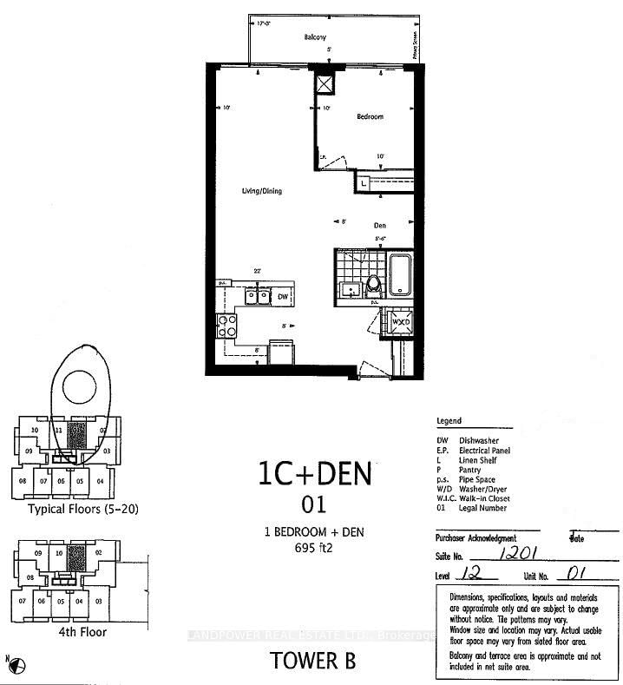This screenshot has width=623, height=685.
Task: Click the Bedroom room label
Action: (369, 116)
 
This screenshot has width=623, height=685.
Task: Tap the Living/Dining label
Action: (261, 191)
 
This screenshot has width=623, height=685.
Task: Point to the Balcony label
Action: (314, 37)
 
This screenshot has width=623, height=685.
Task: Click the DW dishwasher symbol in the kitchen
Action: (282, 297)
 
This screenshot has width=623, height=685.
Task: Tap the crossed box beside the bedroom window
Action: (325, 84)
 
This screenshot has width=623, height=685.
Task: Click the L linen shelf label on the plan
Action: (364, 183)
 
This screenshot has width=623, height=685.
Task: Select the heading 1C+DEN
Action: (314, 474)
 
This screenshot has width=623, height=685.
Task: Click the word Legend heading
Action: (449, 421)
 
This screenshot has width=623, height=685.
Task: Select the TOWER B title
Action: (313, 660)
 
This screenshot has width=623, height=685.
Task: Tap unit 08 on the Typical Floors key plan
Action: (23, 481)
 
